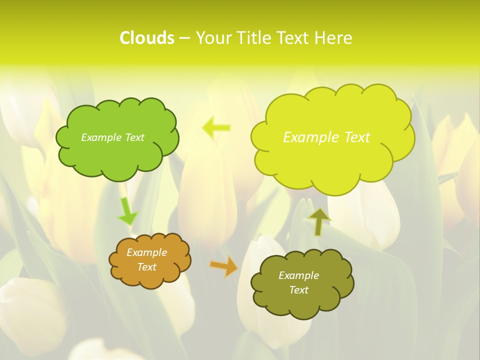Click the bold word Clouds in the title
tap(147, 38)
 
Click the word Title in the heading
tap(252, 38)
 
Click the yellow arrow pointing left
tap(216, 128)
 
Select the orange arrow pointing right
tap(224, 266)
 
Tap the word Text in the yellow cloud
tap(356, 137)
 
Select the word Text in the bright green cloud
tap(134, 137)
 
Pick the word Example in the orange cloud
tap(147, 252)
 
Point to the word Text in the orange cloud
tap(147, 267)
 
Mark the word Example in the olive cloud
tap(298, 275)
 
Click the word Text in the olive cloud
tap(298, 290)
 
